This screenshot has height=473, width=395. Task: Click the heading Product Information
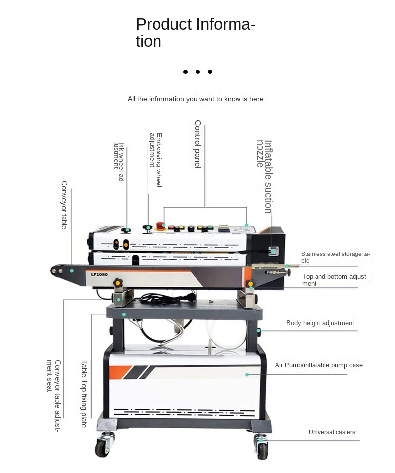point(196,33)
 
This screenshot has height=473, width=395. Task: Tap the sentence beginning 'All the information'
point(197,99)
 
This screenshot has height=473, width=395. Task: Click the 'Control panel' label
point(197,144)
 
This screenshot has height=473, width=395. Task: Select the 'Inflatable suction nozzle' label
point(264,177)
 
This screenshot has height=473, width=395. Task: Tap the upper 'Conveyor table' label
point(64,205)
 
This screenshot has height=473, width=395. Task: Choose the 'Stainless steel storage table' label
point(335,257)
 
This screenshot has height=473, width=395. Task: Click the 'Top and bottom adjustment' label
point(335,280)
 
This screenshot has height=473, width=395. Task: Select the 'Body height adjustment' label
point(320,323)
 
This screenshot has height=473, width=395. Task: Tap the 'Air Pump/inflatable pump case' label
point(318,365)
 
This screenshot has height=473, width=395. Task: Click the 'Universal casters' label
point(331,432)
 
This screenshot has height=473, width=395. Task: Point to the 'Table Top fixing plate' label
point(84,393)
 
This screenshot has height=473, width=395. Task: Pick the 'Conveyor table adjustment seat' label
point(54,395)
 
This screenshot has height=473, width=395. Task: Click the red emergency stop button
point(160,226)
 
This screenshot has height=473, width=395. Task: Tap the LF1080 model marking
point(99,274)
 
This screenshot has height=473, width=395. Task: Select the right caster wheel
point(262,448)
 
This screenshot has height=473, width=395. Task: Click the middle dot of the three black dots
point(197,72)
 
